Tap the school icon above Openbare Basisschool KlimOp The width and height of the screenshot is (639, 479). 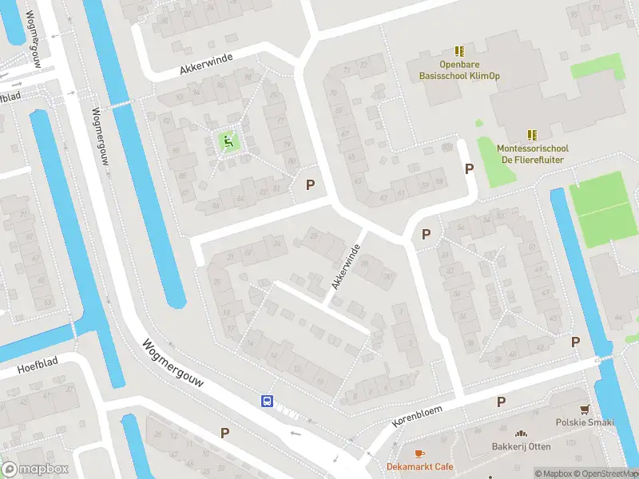click(x=458, y=50)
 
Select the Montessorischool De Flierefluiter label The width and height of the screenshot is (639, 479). click(x=533, y=153)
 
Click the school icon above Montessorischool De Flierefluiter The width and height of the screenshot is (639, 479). click(x=533, y=135)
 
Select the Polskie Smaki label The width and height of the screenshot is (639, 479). click(x=585, y=422)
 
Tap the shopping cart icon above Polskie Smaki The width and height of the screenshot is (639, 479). click(x=585, y=408)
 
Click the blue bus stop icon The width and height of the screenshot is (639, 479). click(x=267, y=401)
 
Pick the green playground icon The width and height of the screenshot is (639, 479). click(x=228, y=143)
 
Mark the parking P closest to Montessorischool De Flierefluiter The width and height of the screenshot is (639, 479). click(x=470, y=168)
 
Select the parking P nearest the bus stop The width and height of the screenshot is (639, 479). click(x=225, y=433)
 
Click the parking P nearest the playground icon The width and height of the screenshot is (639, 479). click(x=311, y=184)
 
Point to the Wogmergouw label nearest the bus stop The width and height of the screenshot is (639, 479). click(x=173, y=367)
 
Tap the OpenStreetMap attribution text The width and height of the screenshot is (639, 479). click(x=608, y=473)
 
